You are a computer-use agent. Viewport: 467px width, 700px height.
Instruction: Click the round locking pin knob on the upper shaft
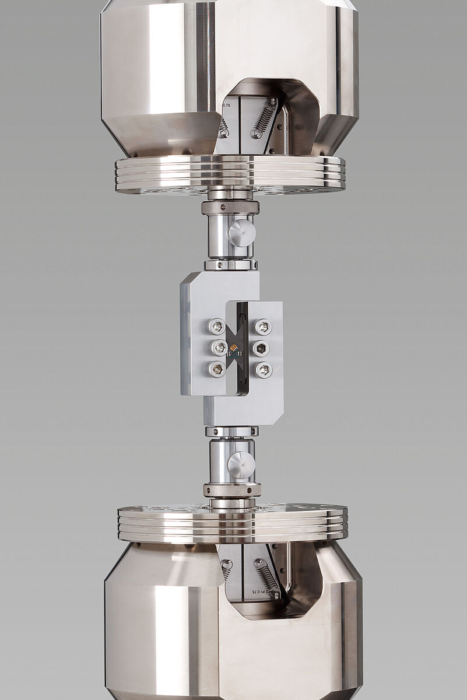click(x=241, y=233)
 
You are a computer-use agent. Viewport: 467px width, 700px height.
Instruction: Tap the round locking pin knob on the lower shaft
click(x=241, y=466)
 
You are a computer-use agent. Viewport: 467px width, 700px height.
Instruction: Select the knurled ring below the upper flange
click(x=230, y=207)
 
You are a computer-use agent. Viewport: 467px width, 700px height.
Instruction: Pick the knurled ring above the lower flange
click(x=231, y=490)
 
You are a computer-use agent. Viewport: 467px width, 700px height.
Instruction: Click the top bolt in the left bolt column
click(x=217, y=327)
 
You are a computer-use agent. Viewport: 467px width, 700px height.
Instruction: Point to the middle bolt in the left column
click(x=219, y=348)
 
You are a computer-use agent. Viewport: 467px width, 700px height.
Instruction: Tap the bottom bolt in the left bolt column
click(x=217, y=369)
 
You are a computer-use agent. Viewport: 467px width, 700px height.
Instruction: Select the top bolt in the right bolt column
click(x=263, y=327)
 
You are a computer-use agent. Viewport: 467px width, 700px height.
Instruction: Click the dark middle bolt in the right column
click(x=261, y=348)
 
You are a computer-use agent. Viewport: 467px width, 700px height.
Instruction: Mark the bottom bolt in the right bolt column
click(x=264, y=369)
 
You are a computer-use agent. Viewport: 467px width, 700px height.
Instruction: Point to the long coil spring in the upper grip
click(x=264, y=118)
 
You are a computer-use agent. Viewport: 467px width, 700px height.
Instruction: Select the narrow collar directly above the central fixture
click(x=231, y=265)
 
